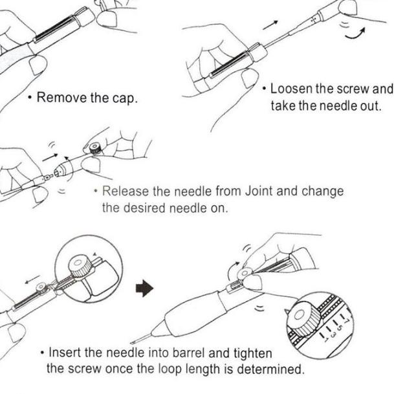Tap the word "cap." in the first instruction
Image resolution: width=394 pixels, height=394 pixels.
point(124,100)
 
